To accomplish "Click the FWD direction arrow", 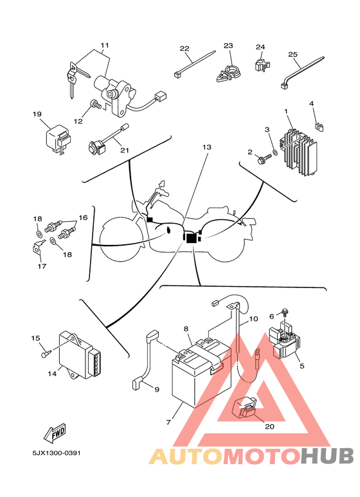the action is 55,433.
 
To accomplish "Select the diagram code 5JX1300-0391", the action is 57,453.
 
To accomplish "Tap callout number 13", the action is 206,147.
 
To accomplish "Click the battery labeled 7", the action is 201,377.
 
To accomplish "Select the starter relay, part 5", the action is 284,341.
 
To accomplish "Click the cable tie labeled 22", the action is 195,64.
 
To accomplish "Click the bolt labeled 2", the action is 265,158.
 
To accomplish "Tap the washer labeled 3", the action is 275,152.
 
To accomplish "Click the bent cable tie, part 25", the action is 301,72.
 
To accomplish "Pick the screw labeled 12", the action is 95,104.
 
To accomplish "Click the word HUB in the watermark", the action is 327,456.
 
